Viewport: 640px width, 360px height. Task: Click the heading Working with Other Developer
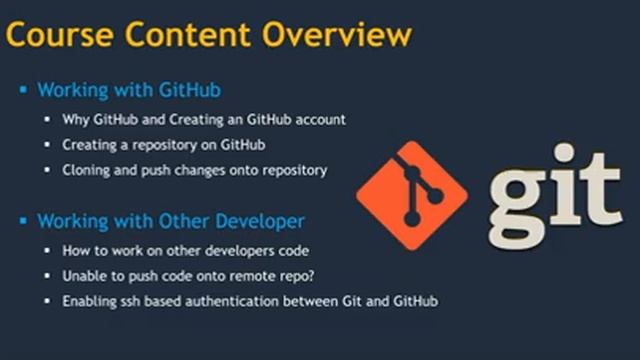pyautogui.click(x=171, y=220)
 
